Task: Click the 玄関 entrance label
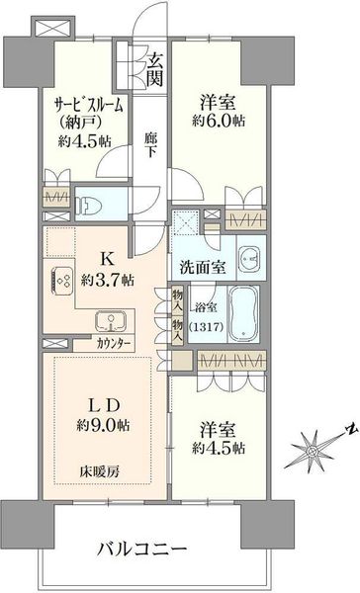[155, 69]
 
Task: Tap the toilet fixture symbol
[86, 205]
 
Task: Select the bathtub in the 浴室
[243, 314]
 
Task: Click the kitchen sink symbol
[111, 320]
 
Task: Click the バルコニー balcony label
[142, 548]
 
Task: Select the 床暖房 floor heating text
[99, 471]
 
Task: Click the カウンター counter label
[113, 344]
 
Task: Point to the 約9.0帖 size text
[103, 426]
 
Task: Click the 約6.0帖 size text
[219, 121]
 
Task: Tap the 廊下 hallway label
[150, 145]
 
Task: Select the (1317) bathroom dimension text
[206, 326]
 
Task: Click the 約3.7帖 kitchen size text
[107, 280]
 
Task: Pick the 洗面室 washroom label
[203, 268]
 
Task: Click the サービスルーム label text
[89, 105]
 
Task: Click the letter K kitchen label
[107, 259]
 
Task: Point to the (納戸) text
[79, 124]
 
